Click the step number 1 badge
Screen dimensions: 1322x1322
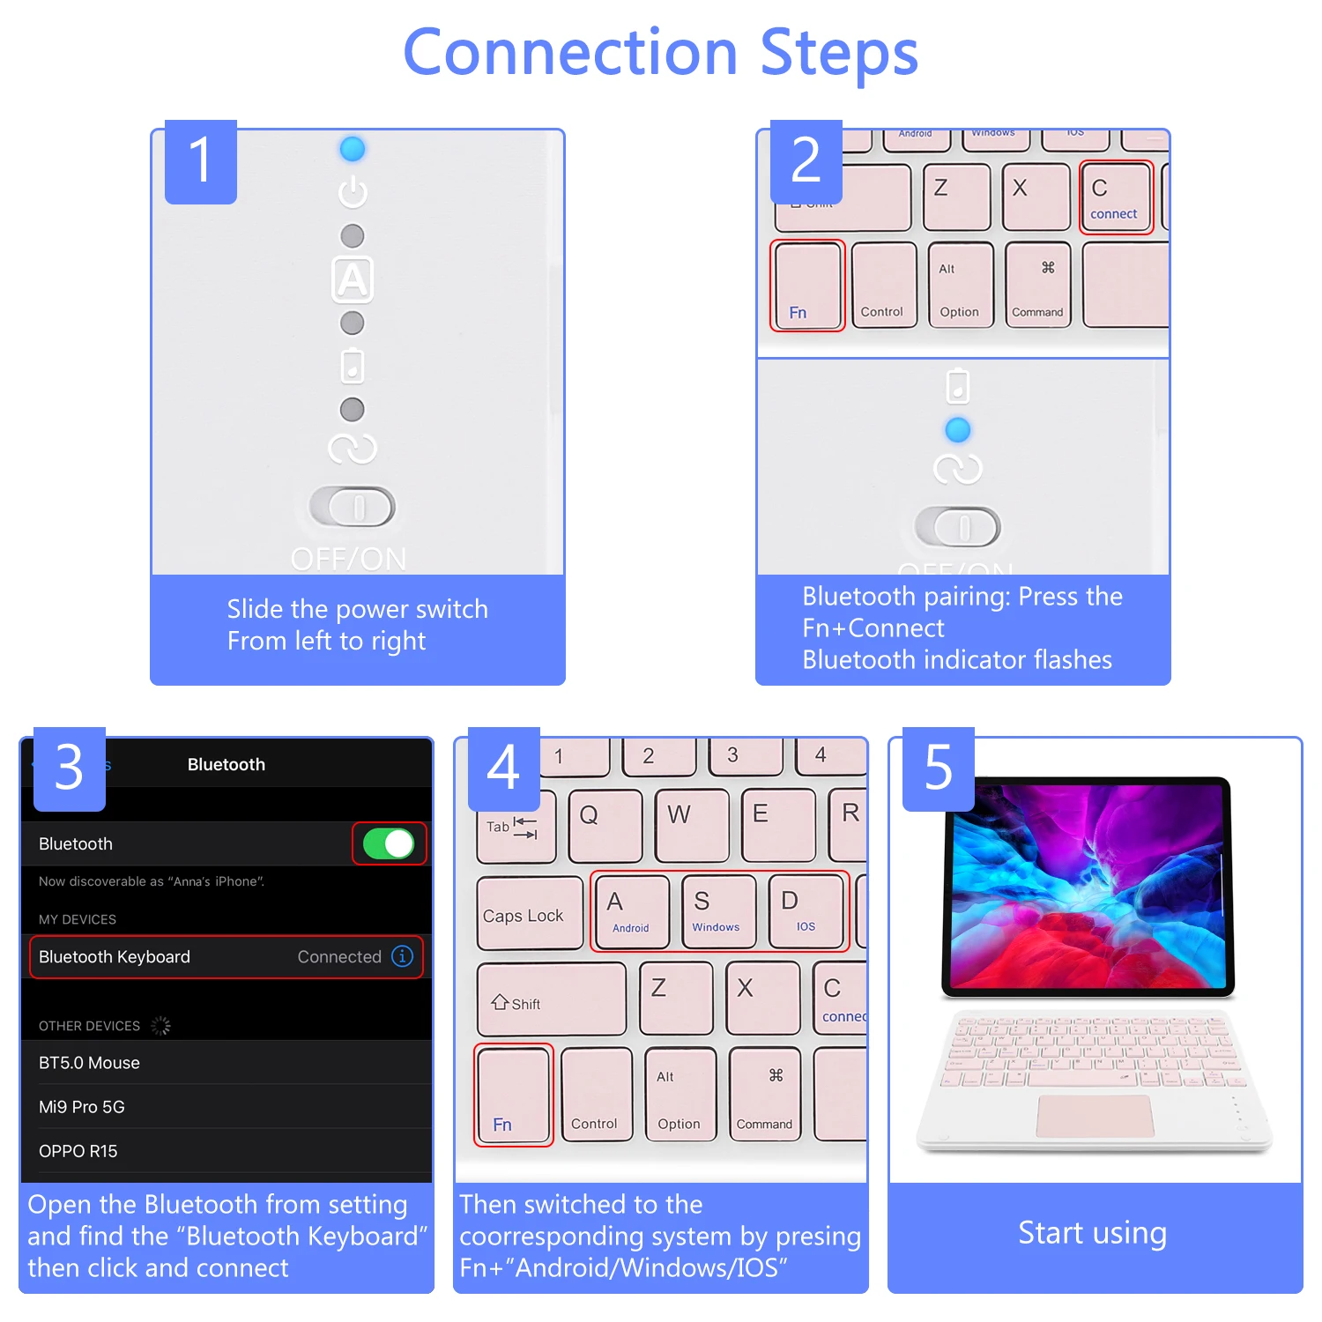click(201, 162)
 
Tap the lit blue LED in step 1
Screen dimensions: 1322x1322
click(353, 149)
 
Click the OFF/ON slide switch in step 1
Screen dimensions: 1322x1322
click(353, 507)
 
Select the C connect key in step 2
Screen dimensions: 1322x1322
click(1116, 197)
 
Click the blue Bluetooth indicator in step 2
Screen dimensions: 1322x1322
click(958, 430)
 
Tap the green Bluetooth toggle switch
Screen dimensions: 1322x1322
click(389, 843)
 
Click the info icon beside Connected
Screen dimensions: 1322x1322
click(403, 956)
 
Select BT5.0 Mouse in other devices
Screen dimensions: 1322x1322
click(90, 1063)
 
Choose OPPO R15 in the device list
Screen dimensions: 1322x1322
click(78, 1151)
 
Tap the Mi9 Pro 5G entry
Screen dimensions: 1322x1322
click(82, 1107)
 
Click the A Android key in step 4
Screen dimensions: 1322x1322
click(631, 911)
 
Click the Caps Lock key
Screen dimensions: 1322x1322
click(528, 914)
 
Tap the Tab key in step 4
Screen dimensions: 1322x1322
click(515, 827)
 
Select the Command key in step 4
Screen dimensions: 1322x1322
click(765, 1095)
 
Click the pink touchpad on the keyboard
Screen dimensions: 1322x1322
click(1095, 1117)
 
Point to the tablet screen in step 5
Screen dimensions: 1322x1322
click(1088, 886)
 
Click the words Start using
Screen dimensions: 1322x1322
click(1093, 1233)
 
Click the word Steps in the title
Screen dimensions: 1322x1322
click(838, 53)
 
